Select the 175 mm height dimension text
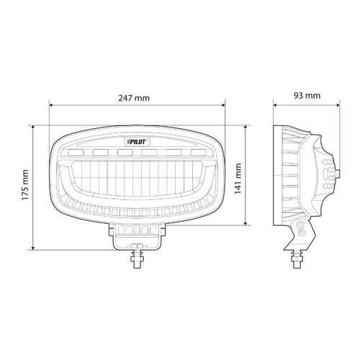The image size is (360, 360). (x=26, y=186)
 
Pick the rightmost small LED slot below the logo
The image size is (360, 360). (x=196, y=153)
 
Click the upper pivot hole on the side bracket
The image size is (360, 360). (x=300, y=227)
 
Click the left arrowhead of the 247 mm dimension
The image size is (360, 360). (x=52, y=104)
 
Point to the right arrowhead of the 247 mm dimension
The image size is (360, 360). (x=222, y=104)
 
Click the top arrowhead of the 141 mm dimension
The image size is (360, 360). (x=247, y=128)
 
